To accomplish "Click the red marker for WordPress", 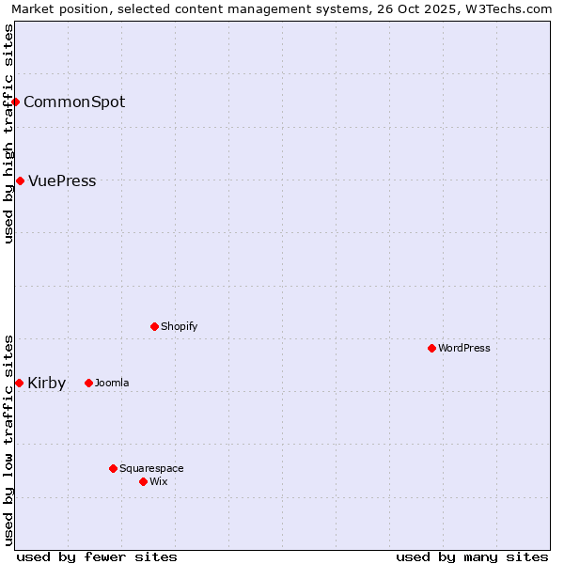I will [431, 348].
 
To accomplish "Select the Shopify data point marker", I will [154, 326].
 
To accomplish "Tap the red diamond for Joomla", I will [88, 383].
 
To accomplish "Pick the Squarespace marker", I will [113, 468].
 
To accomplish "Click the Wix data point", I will [143, 481].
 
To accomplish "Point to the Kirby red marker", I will [19, 383].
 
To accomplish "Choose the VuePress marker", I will [20, 180].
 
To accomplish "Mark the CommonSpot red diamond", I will [16, 102].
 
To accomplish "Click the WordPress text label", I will [464, 348].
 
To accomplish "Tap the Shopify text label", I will [179, 326].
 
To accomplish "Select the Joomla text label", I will [112, 383].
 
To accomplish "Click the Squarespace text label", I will [151, 468].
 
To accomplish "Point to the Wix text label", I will [159, 481].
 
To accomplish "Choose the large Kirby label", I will [47, 383].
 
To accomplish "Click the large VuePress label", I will [62, 180].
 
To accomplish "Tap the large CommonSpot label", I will [74, 102].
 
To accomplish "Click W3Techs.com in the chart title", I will [511, 9].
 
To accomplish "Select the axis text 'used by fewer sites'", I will [97, 556].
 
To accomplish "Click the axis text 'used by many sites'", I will [472, 556].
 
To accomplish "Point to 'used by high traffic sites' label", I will [9, 133].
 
